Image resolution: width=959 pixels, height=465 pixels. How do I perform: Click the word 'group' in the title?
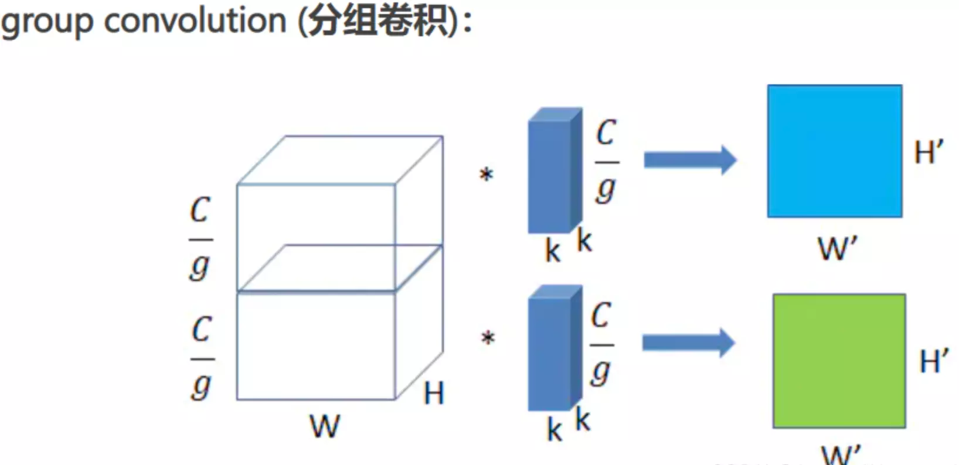[47, 22]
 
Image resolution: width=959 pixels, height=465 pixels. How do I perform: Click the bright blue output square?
[834, 151]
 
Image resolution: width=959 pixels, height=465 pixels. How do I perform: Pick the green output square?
[839, 361]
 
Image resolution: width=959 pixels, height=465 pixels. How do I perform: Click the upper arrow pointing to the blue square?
[689, 160]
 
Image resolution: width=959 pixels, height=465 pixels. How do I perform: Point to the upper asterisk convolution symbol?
[486, 175]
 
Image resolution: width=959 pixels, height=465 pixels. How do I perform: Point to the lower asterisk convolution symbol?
[488, 339]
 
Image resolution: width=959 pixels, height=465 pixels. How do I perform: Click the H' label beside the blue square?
[929, 152]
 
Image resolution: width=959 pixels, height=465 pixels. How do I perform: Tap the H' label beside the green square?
[933, 361]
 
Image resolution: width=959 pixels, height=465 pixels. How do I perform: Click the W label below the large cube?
[324, 426]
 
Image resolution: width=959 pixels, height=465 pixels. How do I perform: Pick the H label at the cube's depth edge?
[434, 393]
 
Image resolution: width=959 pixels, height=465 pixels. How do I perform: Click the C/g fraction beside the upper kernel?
[606, 161]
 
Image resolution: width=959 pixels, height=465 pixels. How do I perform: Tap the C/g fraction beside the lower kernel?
[601, 344]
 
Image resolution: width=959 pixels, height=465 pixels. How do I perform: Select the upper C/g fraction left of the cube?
[200, 239]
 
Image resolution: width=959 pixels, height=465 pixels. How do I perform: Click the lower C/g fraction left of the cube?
[202, 358]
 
